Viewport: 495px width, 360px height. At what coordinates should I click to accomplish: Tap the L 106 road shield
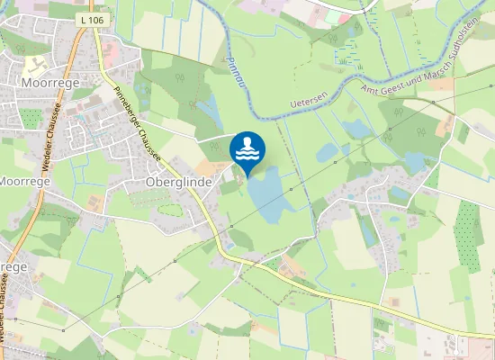tap(92, 18)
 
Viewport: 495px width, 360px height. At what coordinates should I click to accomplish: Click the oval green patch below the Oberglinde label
tap(169, 210)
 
